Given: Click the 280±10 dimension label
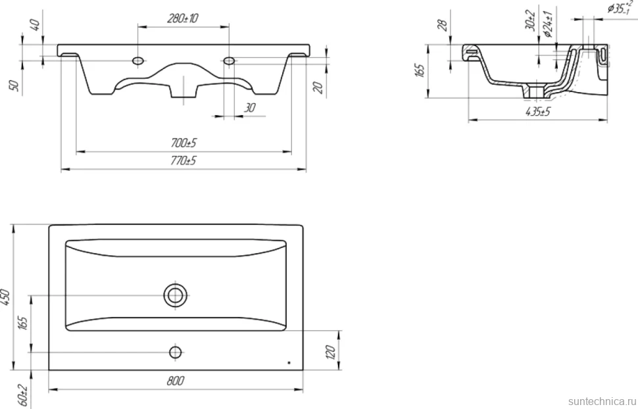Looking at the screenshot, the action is point(183,18).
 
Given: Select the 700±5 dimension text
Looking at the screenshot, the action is point(184,143).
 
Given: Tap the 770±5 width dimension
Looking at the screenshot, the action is point(184,160).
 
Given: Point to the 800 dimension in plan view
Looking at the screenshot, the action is point(176,381).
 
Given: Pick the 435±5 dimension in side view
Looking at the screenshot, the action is point(538,112).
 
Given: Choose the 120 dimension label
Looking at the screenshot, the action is point(330,352).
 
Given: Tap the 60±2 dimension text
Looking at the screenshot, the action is point(23,395).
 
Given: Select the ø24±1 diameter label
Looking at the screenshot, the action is point(549,24).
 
